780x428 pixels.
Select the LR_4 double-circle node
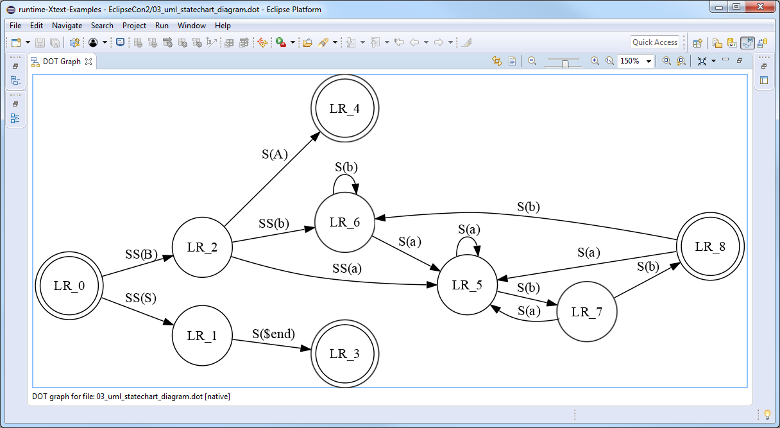tap(344, 108)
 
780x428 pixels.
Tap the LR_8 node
tap(709, 246)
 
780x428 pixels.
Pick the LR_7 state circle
tap(587, 312)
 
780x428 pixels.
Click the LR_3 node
tap(344, 354)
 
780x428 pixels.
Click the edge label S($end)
tap(273, 334)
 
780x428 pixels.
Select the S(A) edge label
tap(275, 154)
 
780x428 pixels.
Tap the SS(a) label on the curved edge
tap(347, 268)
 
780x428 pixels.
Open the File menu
tap(15, 26)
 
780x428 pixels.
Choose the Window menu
tap(192, 26)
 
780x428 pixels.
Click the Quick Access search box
tap(654, 42)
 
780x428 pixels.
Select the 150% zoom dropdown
tap(635, 61)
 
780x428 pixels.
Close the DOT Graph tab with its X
tap(89, 62)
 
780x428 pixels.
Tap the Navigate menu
tap(67, 26)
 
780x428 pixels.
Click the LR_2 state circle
tap(202, 247)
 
